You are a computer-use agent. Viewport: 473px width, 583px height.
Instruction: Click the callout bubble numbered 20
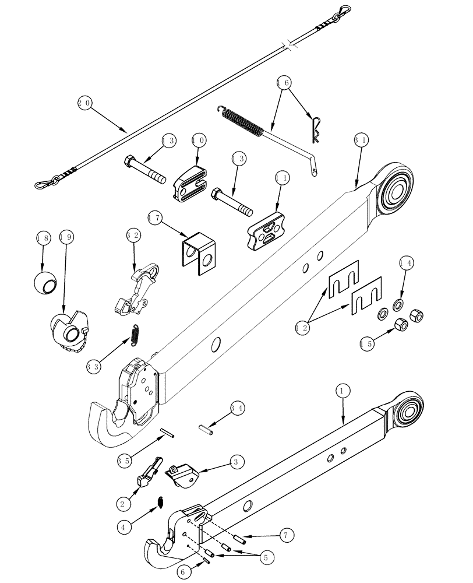tap(85, 103)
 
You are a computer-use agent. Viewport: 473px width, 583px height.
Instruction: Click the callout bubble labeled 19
tap(66, 237)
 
